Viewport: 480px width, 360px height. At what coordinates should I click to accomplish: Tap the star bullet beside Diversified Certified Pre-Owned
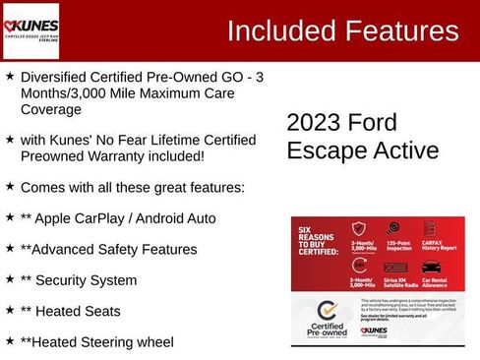click(10, 76)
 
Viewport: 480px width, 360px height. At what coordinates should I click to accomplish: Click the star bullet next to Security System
click(10, 279)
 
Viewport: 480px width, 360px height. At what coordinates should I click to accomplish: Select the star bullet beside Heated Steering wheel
click(10, 340)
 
